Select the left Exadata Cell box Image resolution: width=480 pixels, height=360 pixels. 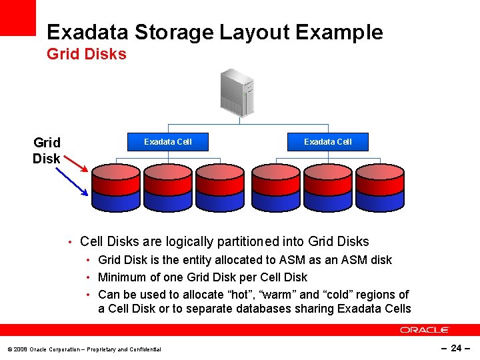click(168, 141)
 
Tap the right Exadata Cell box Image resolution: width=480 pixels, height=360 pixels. click(328, 141)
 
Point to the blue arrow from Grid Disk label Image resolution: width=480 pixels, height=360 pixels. click(71, 181)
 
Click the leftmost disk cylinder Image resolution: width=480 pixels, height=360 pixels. click(115, 187)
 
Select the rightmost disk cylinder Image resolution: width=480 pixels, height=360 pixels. click(380, 187)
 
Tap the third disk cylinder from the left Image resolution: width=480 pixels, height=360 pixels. click(221, 187)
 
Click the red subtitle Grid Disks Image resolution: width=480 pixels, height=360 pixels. click(87, 54)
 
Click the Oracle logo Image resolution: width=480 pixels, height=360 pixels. click(425, 330)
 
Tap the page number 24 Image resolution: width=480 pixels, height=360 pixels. click(456, 348)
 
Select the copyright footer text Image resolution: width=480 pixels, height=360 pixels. click(84, 349)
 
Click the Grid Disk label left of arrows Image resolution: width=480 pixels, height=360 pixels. click(47, 151)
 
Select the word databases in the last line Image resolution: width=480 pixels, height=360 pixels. click(263, 309)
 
